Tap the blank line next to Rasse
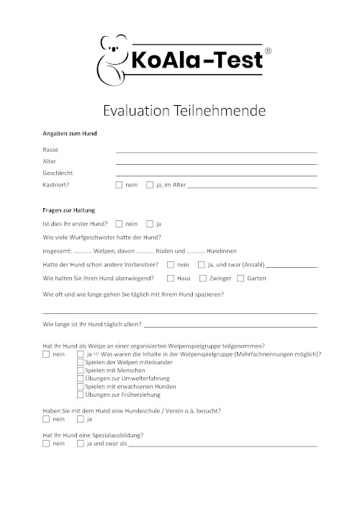(216, 150)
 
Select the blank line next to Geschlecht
(216, 174)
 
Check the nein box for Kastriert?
(119, 185)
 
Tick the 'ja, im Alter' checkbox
(150, 185)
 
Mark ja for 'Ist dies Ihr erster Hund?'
(150, 224)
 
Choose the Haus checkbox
(171, 277)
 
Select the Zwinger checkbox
(203, 277)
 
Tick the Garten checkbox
(240, 277)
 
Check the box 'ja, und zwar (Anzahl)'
(201, 264)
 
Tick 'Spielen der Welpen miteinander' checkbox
(80, 362)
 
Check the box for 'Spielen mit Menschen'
(80, 370)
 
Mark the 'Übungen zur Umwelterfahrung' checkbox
(80, 379)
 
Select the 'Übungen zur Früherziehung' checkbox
(80, 395)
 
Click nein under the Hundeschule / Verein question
(47, 418)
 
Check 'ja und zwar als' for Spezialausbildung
(80, 443)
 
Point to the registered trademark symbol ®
(269, 51)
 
